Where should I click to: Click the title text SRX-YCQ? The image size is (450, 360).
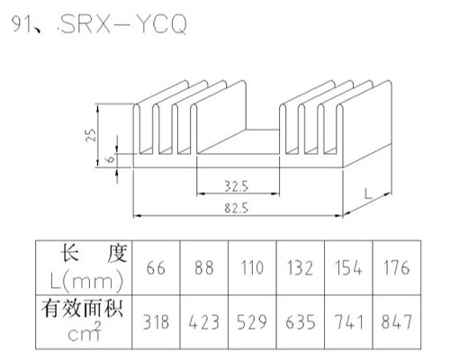(x=123, y=23)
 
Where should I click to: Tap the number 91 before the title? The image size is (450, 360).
(x=21, y=23)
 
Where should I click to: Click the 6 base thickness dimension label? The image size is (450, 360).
(x=111, y=158)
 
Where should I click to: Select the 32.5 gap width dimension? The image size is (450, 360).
(x=237, y=186)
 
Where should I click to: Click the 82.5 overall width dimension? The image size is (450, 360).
(x=237, y=208)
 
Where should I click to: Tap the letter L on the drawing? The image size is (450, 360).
(x=368, y=193)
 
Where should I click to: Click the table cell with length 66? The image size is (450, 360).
(x=156, y=268)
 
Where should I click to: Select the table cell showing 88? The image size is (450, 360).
(x=204, y=268)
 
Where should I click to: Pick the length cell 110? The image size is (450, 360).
(x=252, y=268)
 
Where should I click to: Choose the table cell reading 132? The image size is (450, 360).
(x=300, y=268)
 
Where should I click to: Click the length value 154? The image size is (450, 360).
(x=348, y=268)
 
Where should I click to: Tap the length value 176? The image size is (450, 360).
(x=397, y=268)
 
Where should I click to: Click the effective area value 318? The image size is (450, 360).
(x=156, y=322)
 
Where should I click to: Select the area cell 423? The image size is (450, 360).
(x=204, y=322)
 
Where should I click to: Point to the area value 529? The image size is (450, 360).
(x=252, y=322)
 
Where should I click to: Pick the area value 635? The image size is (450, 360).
(x=300, y=322)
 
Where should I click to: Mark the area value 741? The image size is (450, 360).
(x=348, y=322)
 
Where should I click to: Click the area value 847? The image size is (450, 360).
(x=397, y=322)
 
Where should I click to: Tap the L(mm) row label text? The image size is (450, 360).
(x=87, y=282)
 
